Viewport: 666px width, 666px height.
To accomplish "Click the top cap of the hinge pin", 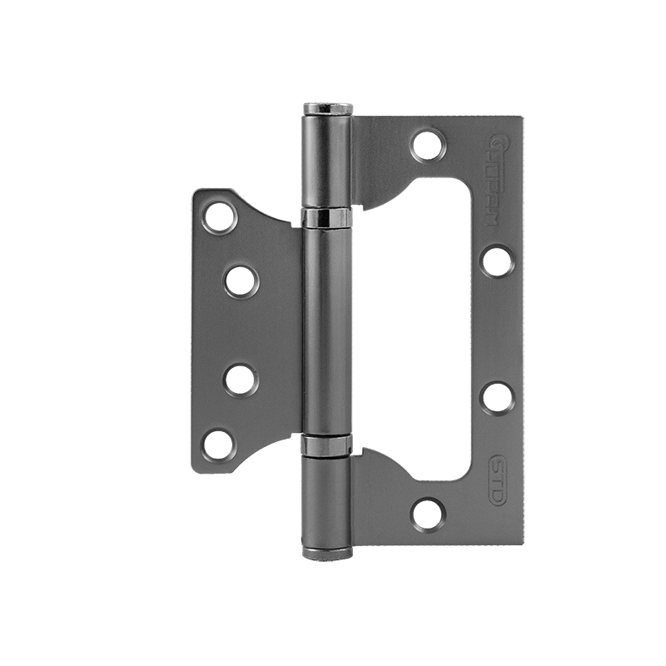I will (x=327, y=109).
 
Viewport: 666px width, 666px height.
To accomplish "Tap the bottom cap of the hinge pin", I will (x=327, y=552).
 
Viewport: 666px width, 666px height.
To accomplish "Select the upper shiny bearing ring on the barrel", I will (x=326, y=218).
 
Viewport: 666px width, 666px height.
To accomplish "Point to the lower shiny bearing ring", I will (x=326, y=445).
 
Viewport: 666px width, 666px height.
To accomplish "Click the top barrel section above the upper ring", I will (x=326, y=162).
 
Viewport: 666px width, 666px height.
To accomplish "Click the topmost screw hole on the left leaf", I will (x=221, y=216).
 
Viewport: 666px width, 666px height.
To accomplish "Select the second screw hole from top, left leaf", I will (x=241, y=281).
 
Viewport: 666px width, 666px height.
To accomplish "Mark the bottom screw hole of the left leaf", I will (x=219, y=444).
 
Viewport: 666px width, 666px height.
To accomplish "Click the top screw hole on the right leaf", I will (x=428, y=146).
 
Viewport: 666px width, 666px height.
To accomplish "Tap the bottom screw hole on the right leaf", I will (x=428, y=514).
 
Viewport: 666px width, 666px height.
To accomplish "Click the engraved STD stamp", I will (x=497, y=480).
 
